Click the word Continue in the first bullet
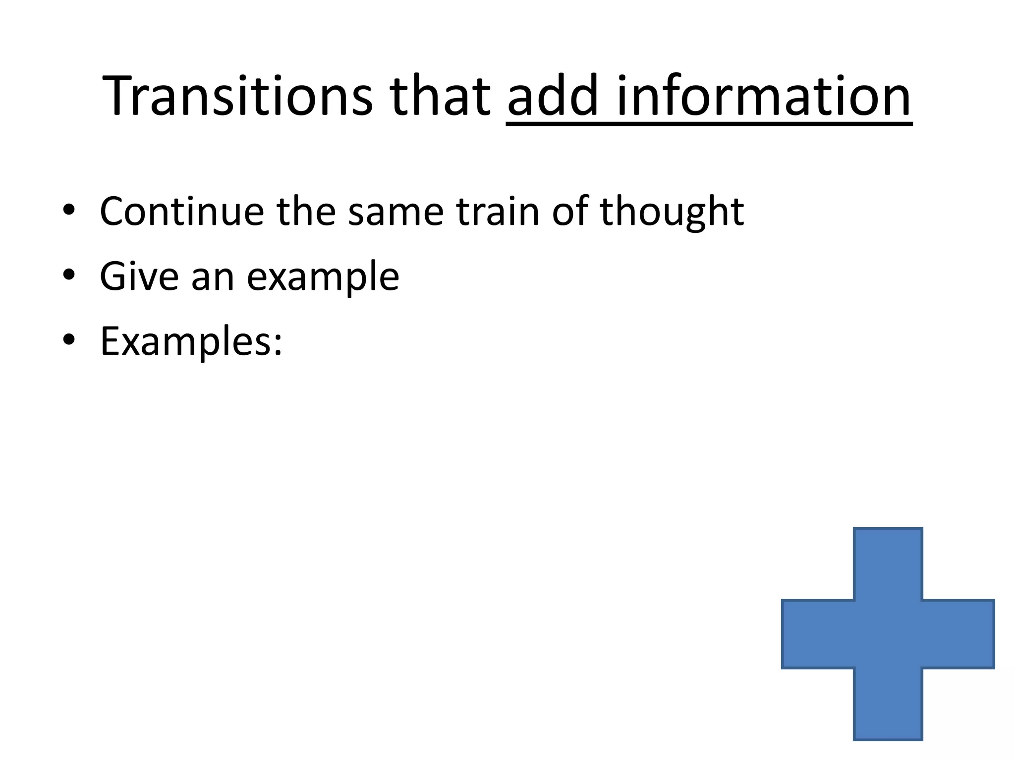coord(181,212)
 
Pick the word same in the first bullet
coord(395,212)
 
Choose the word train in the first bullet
coord(497,212)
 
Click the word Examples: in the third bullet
coord(191,342)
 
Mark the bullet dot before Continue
coord(69,210)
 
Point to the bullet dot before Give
coord(69,275)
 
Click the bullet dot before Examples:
coord(69,340)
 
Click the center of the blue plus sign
coord(888,634)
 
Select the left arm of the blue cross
coord(818,634)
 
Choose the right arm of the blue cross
coord(958,634)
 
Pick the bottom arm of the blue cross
coord(888,704)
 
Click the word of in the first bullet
coord(569,212)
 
